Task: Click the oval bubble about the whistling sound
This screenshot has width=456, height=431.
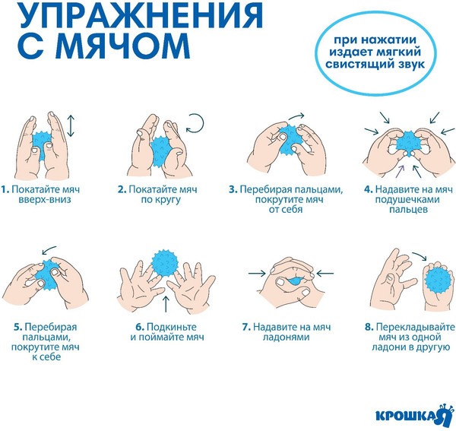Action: [x=373, y=55]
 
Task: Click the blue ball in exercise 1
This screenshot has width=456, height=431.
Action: [x=43, y=142]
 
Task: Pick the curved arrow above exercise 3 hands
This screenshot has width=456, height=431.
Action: [x=296, y=116]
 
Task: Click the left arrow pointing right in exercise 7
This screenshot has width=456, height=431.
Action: [x=256, y=271]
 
